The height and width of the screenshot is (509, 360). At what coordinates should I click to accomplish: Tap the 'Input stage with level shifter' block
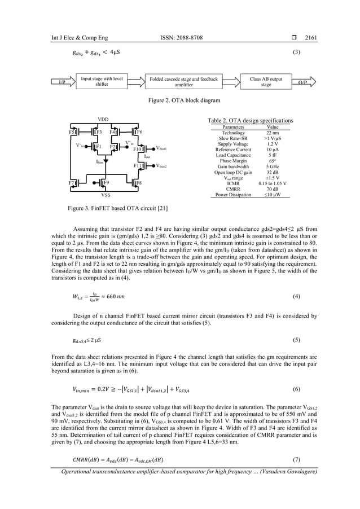[x=102, y=82]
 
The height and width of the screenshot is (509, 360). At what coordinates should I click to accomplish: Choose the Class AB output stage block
[x=266, y=82]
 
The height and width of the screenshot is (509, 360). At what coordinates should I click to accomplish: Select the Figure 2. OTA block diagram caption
[x=179, y=100]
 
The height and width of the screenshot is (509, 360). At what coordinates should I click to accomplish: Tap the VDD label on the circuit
[x=104, y=120]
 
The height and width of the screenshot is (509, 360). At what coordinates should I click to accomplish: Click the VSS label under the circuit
[x=106, y=195]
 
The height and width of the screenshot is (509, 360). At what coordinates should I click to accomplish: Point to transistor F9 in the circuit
[x=106, y=183]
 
